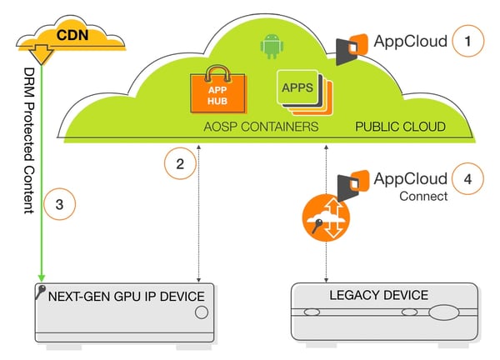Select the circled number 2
[178, 163]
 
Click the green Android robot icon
[272, 46]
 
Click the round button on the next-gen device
[201, 312]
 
